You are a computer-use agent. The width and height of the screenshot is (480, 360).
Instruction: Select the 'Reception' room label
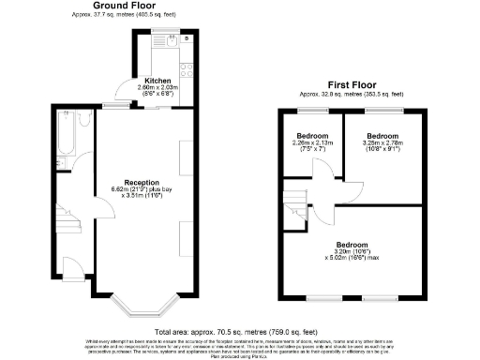pos(142,181)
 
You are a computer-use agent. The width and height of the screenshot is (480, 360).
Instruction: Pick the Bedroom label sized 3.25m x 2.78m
pos(382,135)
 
